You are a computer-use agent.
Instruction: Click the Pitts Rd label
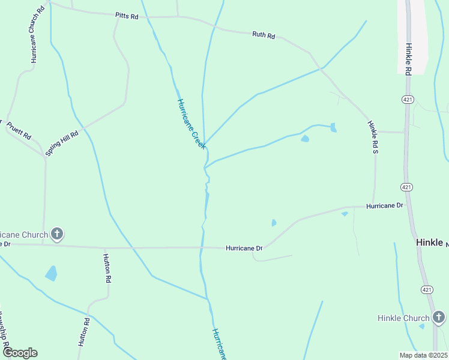click(x=127, y=17)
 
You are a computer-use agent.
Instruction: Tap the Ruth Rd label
click(x=264, y=35)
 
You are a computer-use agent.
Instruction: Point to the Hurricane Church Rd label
click(x=34, y=36)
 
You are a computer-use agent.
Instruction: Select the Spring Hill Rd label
click(x=62, y=143)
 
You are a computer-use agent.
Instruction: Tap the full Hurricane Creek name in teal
click(x=191, y=124)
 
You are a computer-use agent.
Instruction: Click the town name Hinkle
click(x=430, y=242)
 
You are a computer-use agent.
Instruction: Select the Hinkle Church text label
click(x=403, y=318)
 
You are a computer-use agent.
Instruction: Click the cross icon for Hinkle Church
click(x=439, y=317)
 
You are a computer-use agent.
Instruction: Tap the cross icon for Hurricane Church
click(x=57, y=234)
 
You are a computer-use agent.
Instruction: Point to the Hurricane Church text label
click(x=24, y=234)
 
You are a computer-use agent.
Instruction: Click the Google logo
click(x=20, y=353)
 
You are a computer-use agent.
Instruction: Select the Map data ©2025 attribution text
click(x=423, y=355)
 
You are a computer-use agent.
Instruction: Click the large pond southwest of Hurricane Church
click(x=51, y=274)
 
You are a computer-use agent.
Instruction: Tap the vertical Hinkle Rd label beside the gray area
click(x=408, y=59)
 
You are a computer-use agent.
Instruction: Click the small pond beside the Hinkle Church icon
click(x=422, y=326)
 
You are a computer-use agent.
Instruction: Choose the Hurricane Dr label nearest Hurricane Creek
click(x=244, y=248)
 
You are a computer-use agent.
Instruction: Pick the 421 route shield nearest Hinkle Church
click(x=425, y=289)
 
